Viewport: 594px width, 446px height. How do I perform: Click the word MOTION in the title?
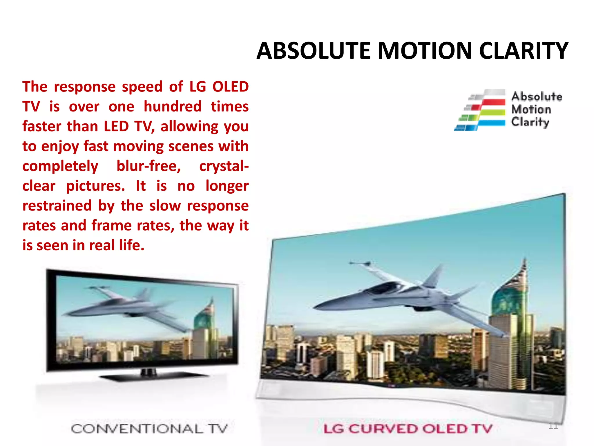click(x=425, y=51)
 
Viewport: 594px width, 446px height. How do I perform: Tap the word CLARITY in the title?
click(x=524, y=51)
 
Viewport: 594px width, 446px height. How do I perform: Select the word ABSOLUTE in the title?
click(x=314, y=51)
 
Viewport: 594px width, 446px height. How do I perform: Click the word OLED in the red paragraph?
click(x=230, y=87)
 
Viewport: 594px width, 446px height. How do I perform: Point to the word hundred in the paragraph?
click(x=172, y=107)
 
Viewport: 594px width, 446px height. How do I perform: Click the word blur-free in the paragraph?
click(x=148, y=166)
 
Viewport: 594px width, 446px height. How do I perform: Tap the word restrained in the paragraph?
click(x=57, y=206)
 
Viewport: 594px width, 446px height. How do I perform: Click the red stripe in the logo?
click(x=493, y=102)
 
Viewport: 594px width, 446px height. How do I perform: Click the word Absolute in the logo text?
click(x=537, y=96)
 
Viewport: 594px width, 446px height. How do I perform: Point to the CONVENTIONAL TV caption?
click(x=149, y=429)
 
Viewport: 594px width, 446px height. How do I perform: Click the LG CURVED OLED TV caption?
click(x=408, y=429)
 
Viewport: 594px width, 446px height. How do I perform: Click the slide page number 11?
click(x=553, y=426)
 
